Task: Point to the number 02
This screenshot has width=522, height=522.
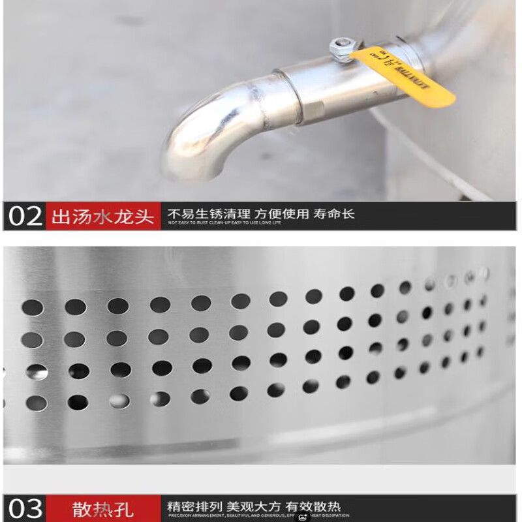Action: (24, 216)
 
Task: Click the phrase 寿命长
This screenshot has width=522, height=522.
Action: (334, 213)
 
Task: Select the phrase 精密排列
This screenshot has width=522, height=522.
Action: (194, 506)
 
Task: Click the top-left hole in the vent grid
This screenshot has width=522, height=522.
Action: (33, 307)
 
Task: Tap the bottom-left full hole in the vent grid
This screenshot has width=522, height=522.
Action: (37, 403)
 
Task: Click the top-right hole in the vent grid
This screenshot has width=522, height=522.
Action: (484, 273)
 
